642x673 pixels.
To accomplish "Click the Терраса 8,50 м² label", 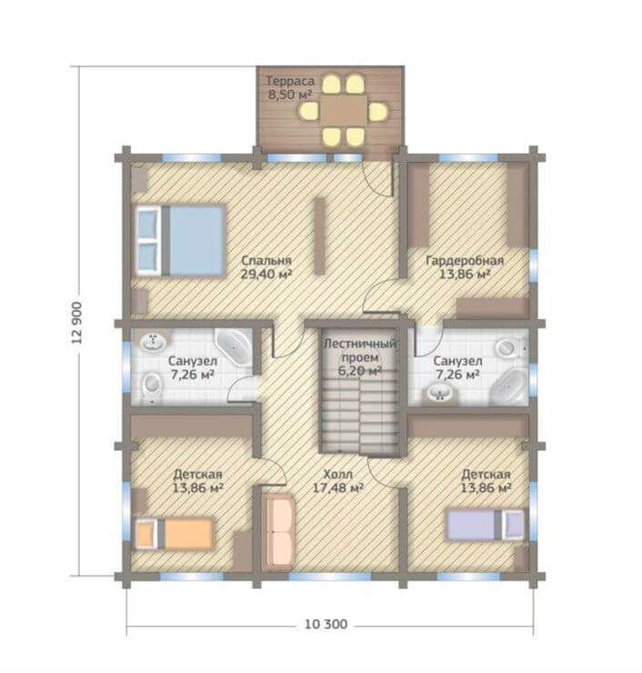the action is coord(290,87).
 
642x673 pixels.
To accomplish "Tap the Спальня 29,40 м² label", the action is coord(266,267).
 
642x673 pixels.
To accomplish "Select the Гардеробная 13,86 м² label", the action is coord(465,267).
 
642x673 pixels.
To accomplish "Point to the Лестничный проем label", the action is coord(359,350).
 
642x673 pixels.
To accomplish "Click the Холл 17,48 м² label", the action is coord(338,481).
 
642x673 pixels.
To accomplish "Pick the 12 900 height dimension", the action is coord(76,323).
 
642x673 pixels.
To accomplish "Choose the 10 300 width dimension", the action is coord(326,624).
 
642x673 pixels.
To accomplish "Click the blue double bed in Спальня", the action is coord(181,239).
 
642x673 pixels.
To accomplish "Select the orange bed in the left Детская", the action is coord(175,534).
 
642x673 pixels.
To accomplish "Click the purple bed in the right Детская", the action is coord(486,525).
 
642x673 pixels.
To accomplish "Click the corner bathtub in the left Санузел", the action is coord(234,346).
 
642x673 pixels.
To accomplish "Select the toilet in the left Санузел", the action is coord(152,386).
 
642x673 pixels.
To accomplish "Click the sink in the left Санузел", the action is coord(153,342).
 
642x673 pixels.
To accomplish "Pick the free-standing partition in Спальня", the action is coord(320,236).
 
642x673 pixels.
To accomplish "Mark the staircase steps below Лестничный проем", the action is coord(359,415).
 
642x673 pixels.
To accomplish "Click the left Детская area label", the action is coord(197,481).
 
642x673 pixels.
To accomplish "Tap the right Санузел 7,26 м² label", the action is coord(457,367).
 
